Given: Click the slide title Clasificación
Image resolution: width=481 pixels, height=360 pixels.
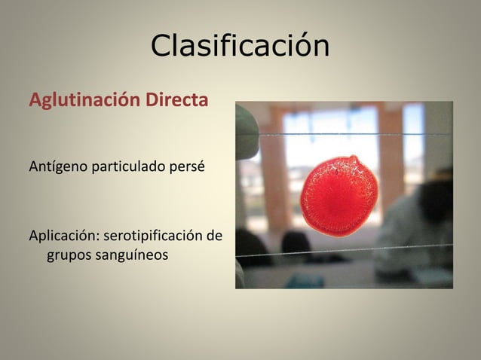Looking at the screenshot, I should pos(240,47).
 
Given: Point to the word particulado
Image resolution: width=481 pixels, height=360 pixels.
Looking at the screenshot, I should pos(126,165).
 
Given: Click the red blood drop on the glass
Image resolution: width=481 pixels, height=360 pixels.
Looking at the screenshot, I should pos(339,197).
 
